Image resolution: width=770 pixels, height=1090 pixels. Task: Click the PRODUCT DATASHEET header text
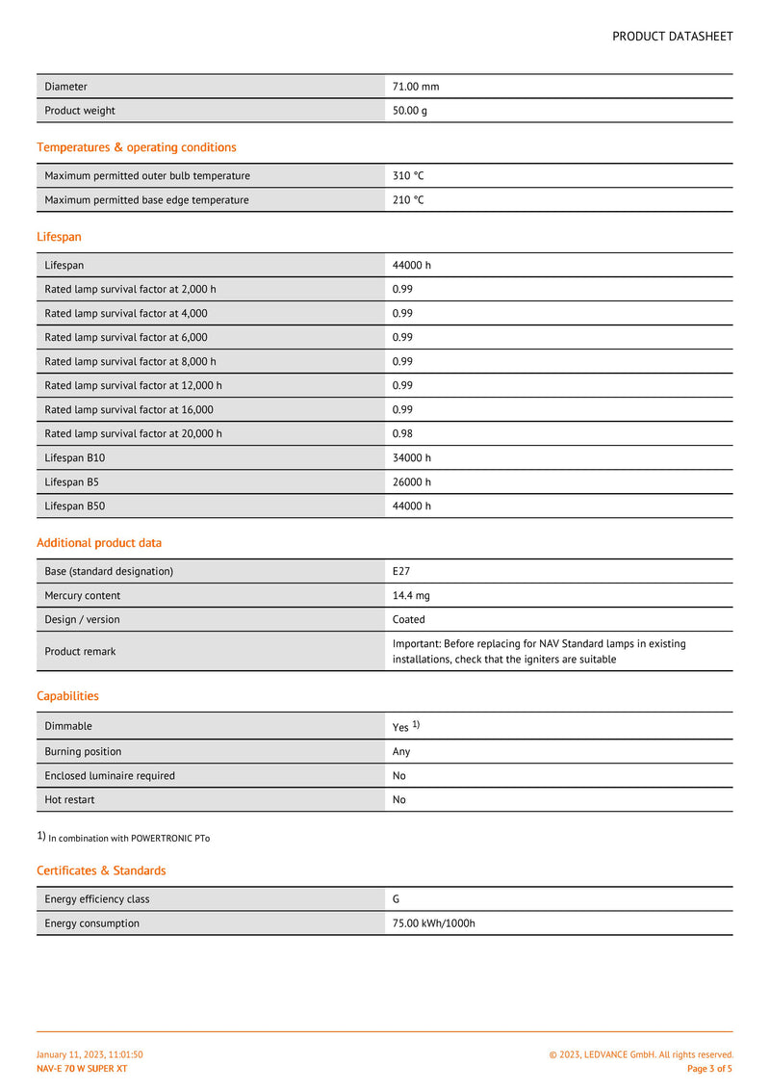coord(672,37)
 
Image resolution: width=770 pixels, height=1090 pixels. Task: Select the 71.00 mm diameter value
coord(416,87)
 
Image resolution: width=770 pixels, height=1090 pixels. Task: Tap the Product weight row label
coord(80,111)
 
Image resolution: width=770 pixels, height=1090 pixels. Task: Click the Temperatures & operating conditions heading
coord(137,147)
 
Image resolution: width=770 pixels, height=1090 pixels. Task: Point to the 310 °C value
coord(408,176)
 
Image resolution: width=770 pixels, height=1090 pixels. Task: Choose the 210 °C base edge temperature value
coord(408,200)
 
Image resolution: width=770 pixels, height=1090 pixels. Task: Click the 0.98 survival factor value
coord(402,433)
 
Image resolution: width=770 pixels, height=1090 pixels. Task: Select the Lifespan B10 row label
coord(75,457)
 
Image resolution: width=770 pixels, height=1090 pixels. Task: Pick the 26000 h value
coord(412,481)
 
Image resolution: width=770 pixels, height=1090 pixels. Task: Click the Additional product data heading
coord(99,543)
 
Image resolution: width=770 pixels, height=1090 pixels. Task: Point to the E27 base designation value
coord(401,571)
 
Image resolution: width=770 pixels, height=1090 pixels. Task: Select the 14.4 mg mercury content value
coord(411,596)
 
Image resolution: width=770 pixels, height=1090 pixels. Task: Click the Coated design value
coord(409,620)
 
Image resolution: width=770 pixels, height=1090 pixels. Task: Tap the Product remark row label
coord(80,652)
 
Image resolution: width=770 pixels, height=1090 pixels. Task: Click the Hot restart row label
coord(69,800)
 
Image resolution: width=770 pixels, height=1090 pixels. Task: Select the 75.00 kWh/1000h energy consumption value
coord(434,923)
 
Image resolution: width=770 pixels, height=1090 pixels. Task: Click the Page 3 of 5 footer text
coord(709,1069)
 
